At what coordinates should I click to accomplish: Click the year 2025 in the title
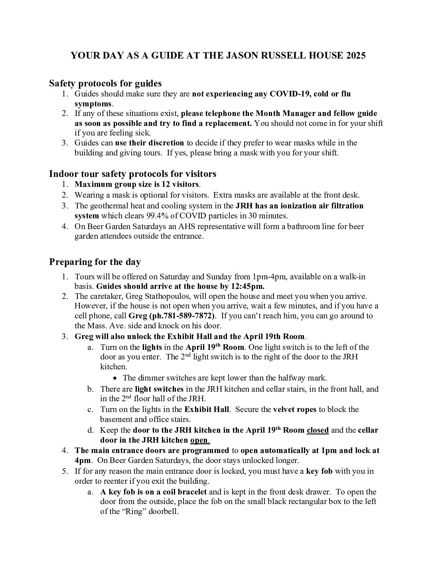tap(354, 56)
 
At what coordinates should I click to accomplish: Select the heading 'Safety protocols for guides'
tap(105, 83)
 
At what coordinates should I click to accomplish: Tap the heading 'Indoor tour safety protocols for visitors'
tap(132, 174)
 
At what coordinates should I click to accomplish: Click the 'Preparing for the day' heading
tap(95, 262)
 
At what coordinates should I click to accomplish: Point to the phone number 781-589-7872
tap(189, 316)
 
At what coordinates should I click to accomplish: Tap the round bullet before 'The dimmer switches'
tap(115, 378)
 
